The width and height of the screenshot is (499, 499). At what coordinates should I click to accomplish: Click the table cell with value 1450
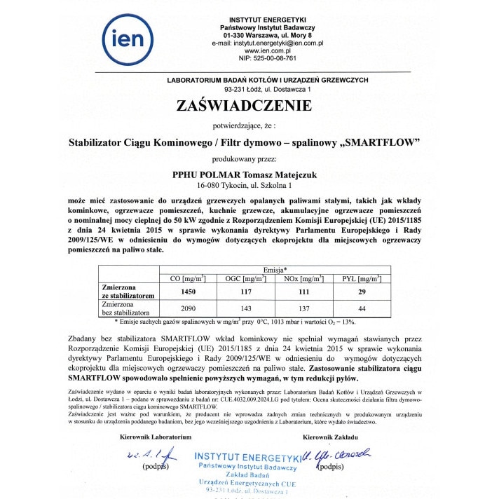[x=189, y=292]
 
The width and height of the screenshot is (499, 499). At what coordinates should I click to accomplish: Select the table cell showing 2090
[x=189, y=309]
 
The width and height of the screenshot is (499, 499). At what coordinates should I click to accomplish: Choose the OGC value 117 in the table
[x=244, y=292]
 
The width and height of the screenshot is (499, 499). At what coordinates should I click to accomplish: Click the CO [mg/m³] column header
[x=189, y=279]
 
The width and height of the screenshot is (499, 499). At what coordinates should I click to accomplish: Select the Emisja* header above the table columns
[x=275, y=270]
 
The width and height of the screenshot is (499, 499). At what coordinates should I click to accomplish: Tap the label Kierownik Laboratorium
[x=155, y=436]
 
